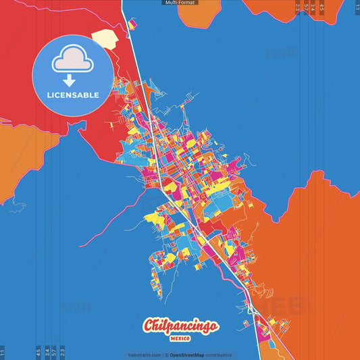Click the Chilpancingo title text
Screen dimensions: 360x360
click(x=180, y=326)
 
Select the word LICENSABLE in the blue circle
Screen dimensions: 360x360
click(x=73, y=95)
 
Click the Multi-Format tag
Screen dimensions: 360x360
click(x=180, y=3)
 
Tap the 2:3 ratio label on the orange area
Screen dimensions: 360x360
click(x=298, y=8)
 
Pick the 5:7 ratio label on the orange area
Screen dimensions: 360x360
click(x=306, y=8)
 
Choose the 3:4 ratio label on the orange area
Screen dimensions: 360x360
click(x=313, y=8)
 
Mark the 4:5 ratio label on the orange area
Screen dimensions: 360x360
click(x=322, y=8)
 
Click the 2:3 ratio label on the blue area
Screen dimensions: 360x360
click(x=63, y=352)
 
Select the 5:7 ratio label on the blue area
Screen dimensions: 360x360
click(x=55, y=352)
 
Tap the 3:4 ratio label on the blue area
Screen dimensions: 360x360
click(x=47, y=352)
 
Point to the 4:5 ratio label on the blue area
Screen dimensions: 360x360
click(x=38, y=352)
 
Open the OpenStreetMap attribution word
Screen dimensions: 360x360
click(x=188, y=355)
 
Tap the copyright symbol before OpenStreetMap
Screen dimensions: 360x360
click(x=167, y=355)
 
